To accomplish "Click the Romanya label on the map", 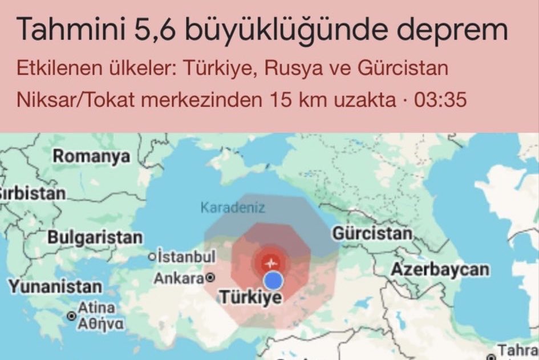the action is coord(91,156).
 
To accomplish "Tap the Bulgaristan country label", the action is coord(95,237).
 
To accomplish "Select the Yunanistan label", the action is coord(55,286).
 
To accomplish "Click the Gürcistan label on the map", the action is coord(371,234).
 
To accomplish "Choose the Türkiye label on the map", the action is coord(251,297).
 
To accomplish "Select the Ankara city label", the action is coord(179,279).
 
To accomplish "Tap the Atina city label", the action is coord(92,308).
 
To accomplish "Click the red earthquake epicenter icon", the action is coord(271,262).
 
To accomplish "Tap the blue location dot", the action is coord(274,280).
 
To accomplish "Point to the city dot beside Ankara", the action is coord(210,278).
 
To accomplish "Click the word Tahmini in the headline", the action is coord(65,30).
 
